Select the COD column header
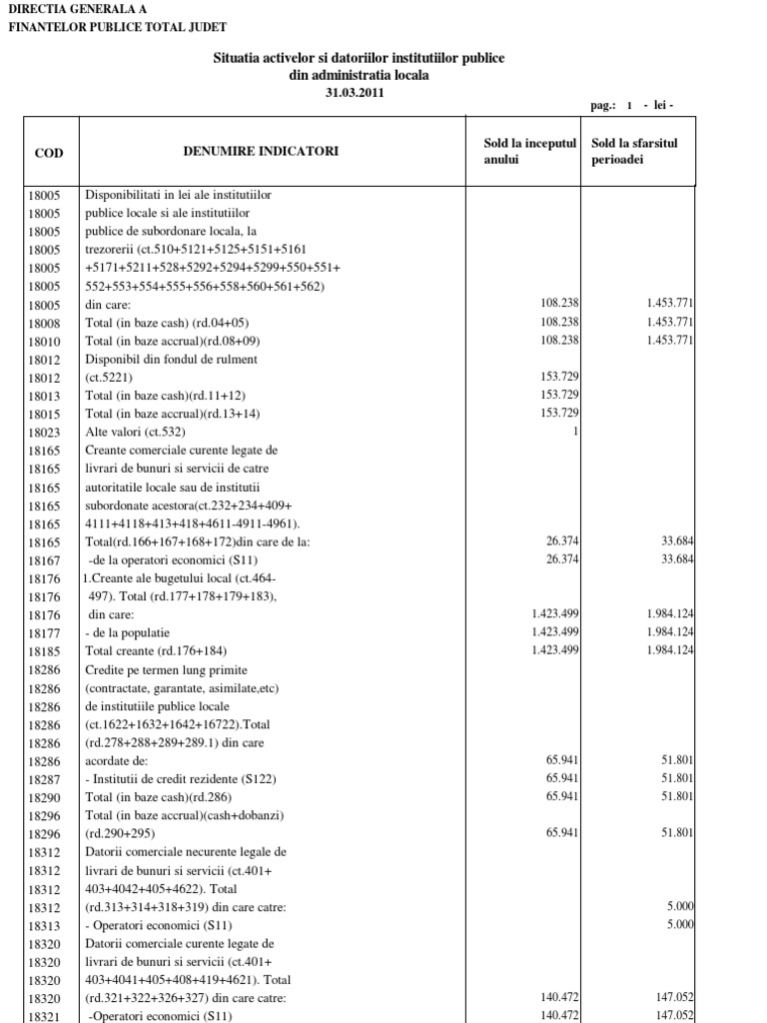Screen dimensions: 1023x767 click(x=49, y=152)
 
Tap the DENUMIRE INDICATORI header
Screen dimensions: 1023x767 click(x=261, y=152)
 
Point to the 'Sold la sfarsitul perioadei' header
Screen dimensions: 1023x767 click(x=634, y=152)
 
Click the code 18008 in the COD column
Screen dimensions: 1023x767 click(x=45, y=322)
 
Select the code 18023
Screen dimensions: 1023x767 click(x=45, y=432)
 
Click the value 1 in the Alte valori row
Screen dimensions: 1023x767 click(x=576, y=432)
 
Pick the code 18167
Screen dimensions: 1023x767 click(x=45, y=559)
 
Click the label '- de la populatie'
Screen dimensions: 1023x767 click(x=128, y=632)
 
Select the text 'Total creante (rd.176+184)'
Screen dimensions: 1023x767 click(x=163, y=651)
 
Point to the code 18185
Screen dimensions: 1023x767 click(x=45, y=651)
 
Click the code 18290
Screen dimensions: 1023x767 click(x=45, y=796)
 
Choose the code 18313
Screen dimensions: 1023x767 click(x=45, y=924)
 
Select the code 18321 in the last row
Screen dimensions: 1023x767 click(x=45, y=1016)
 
